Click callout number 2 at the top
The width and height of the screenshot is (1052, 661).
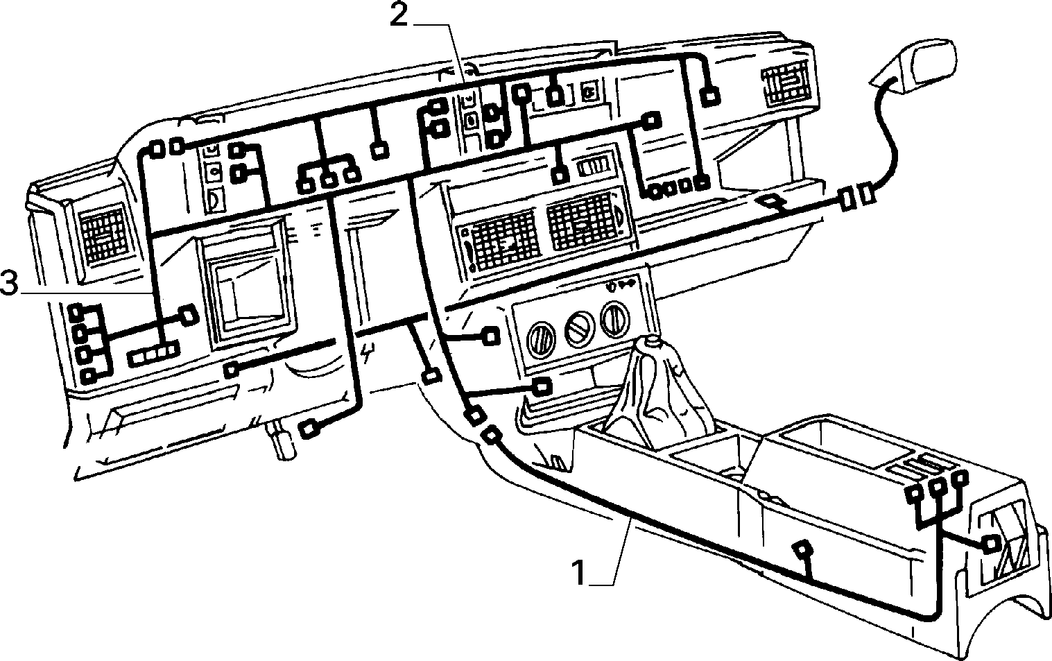click(x=399, y=17)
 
